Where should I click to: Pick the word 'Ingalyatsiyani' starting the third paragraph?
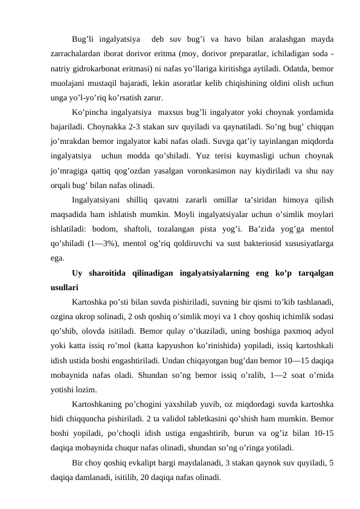98,199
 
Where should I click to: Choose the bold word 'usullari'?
65,287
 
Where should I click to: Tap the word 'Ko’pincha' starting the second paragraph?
91,112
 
